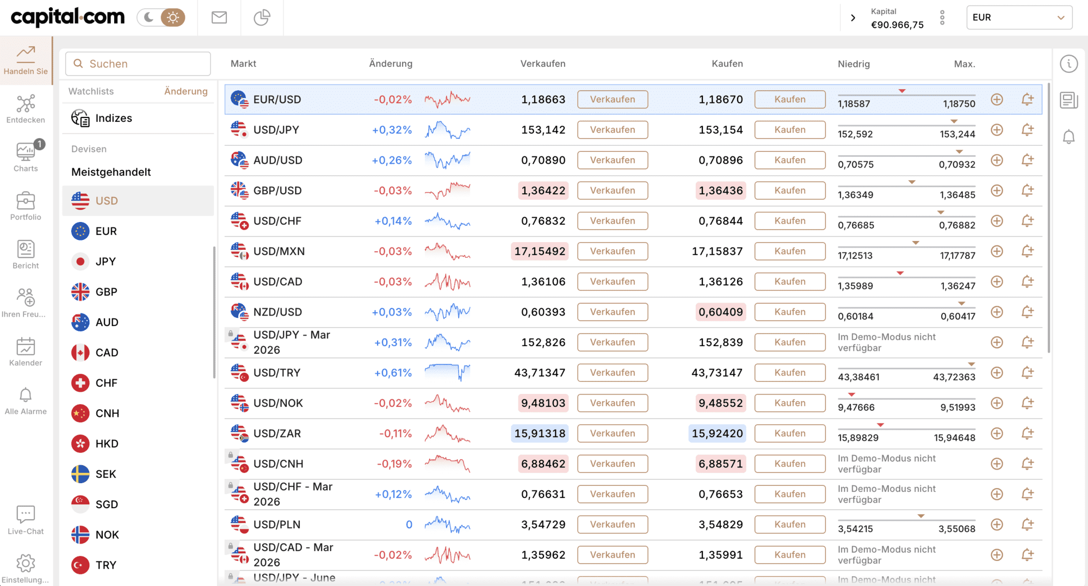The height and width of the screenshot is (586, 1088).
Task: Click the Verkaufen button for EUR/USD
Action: [x=613, y=100]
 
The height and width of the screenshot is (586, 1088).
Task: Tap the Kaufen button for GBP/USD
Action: [x=790, y=190]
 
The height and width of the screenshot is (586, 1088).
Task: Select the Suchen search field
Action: [x=138, y=64]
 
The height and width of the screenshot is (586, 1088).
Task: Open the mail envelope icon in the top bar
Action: [x=219, y=17]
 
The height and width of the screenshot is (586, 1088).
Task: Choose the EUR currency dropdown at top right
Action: [x=1019, y=17]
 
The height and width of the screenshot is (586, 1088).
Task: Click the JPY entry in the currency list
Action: [x=106, y=262]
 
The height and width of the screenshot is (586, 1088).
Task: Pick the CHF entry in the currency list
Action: [x=106, y=383]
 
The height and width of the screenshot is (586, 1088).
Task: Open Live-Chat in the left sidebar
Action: [x=26, y=520]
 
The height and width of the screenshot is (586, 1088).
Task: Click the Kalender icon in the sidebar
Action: [x=26, y=351]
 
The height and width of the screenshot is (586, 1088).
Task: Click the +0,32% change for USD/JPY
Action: [x=392, y=130]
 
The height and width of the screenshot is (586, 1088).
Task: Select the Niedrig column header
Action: [x=854, y=64]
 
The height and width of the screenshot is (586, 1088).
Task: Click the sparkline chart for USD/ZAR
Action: [x=447, y=434]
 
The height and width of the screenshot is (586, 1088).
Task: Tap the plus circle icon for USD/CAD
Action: [x=997, y=282]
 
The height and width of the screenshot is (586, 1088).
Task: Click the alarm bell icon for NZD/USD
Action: [x=1027, y=312]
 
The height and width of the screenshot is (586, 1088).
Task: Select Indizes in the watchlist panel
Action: [x=113, y=118]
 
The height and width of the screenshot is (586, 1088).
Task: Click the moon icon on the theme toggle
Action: [x=148, y=17]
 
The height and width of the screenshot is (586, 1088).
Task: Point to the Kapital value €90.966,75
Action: [x=897, y=25]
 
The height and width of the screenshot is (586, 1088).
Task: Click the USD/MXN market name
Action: [x=279, y=251]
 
